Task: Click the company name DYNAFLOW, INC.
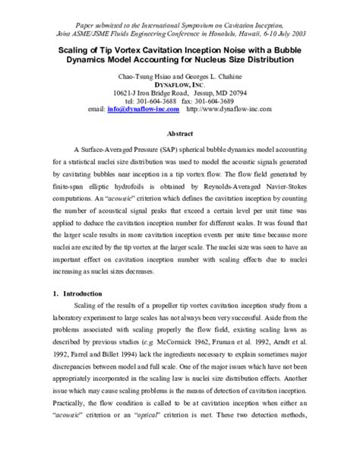[180, 86]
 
